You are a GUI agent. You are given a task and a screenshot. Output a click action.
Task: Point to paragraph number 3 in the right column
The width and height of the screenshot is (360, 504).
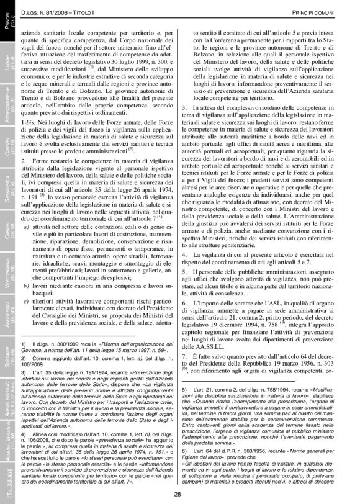(184, 108)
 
